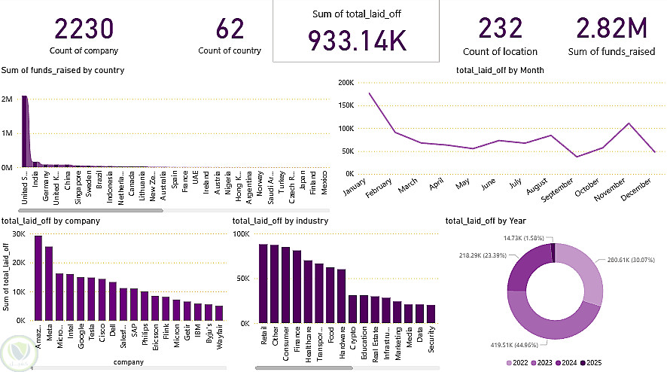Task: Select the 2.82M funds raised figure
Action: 611,30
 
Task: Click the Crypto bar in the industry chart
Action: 352,309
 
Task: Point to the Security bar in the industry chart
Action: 431,313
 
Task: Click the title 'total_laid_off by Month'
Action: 500,70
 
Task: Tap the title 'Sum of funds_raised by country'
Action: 62,70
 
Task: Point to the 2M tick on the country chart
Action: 7,99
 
